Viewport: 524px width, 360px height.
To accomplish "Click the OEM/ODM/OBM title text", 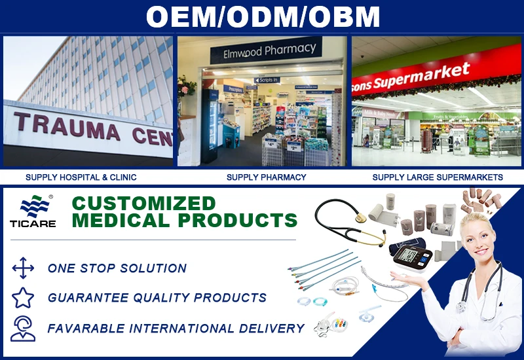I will [x=262, y=17].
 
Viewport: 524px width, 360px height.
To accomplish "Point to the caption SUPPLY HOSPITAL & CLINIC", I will [x=81, y=177].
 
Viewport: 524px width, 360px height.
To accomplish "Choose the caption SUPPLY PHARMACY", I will [x=266, y=177].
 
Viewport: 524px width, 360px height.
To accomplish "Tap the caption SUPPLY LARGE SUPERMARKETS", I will [x=438, y=177].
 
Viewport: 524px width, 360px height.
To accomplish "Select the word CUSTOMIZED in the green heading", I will [x=143, y=203].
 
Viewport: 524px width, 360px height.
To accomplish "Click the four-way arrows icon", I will [x=23, y=268].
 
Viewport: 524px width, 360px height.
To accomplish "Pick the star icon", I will [x=23, y=298].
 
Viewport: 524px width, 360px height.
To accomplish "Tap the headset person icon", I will [x=23, y=328].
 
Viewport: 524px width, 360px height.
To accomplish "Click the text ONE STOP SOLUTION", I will [x=117, y=268].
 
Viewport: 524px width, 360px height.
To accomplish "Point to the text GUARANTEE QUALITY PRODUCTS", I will [x=157, y=298].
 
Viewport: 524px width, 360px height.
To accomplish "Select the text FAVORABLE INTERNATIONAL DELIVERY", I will [x=176, y=328].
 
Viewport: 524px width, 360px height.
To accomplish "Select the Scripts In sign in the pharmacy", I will [x=268, y=80].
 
